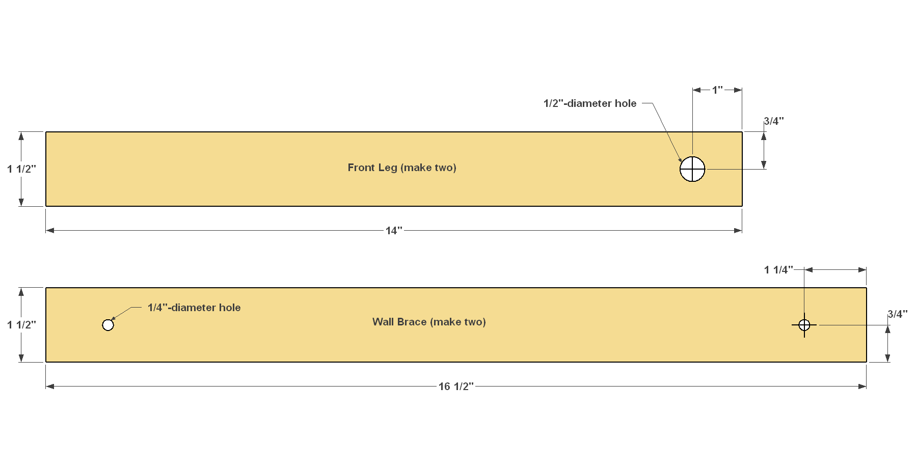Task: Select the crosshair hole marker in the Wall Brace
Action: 804,325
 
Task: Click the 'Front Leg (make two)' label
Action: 402,168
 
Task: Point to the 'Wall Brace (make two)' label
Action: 429,322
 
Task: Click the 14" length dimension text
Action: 394,231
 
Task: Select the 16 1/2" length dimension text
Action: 456,387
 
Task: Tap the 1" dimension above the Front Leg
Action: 717,90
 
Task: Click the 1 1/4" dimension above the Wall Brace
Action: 778,270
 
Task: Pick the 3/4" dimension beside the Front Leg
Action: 774,121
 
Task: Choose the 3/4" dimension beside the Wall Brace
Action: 898,314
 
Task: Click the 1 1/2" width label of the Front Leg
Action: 21,169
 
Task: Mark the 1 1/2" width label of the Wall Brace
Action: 21,325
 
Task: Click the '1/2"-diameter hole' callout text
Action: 590,103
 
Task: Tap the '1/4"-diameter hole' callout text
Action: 194,308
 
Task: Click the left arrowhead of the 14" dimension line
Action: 50,231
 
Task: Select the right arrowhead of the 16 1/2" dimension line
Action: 862,387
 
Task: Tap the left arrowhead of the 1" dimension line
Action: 697,90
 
